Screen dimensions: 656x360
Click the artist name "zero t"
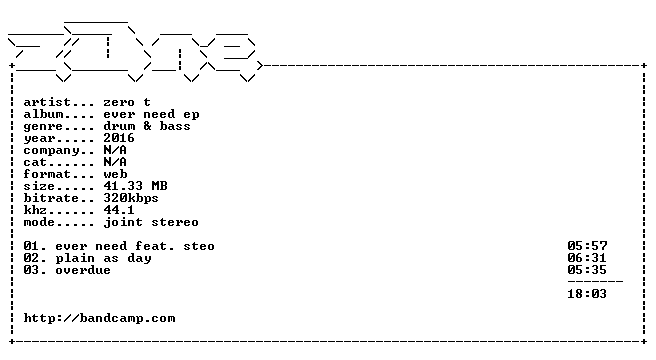[x=127, y=102]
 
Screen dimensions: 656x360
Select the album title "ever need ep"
[x=151, y=114]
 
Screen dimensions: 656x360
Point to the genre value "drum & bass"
[x=147, y=126]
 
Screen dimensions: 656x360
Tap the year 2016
[x=119, y=138]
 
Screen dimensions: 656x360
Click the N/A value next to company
[x=115, y=150]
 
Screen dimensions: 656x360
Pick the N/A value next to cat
[x=115, y=162]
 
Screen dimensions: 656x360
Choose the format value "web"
[x=115, y=174]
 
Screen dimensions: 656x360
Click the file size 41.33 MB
[x=135, y=186]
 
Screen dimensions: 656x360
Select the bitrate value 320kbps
[x=131, y=198]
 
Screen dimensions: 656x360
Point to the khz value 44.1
[x=119, y=210]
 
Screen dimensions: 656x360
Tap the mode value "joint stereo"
[x=151, y=222]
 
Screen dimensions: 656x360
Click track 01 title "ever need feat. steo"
[x=135, y=246]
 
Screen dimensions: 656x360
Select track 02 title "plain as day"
[x=103, y=258]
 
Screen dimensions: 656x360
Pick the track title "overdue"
[x=83, y=270]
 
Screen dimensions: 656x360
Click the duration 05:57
[x=587, y=246]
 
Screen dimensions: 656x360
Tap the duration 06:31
[x=587, y=258]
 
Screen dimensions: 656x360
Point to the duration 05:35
[x=587, y=270]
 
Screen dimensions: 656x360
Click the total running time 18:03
[x=587, y=294]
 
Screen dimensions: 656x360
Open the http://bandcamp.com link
[x=99, y=318]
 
